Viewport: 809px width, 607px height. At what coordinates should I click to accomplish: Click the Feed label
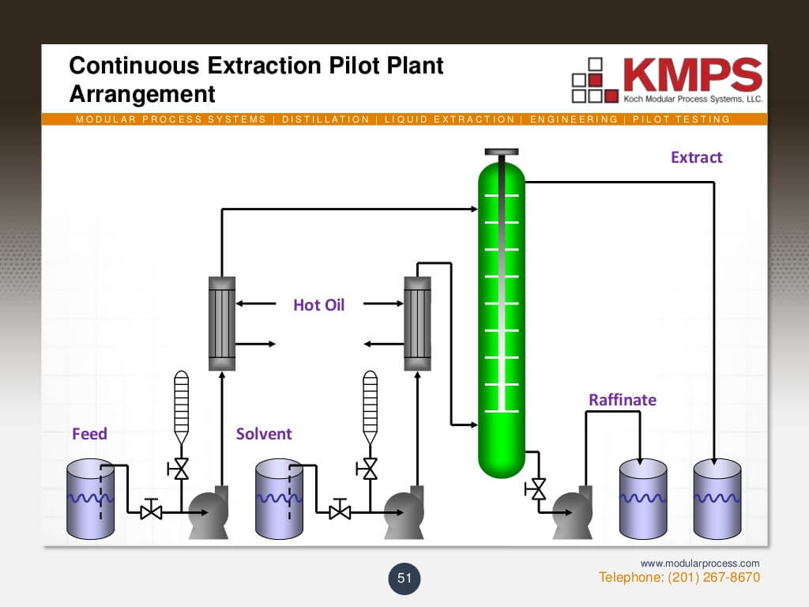89,434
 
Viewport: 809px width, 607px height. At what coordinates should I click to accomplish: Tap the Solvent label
264,434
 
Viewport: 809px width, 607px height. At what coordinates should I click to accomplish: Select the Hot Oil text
319,305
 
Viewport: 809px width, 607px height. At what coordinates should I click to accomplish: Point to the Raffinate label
622,400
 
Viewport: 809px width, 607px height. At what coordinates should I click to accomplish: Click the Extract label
696,157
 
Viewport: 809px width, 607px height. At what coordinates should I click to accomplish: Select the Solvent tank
280,497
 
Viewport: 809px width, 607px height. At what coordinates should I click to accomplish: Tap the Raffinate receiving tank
642,497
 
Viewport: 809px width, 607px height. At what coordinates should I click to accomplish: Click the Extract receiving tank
717,497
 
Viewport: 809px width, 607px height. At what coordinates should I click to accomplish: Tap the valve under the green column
539,488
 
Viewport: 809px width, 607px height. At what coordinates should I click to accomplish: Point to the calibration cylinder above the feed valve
181,403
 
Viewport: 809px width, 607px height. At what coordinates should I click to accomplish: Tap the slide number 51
404,579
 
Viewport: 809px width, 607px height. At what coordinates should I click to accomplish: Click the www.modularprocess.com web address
700,563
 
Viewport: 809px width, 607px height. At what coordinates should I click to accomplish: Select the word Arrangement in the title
142,94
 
